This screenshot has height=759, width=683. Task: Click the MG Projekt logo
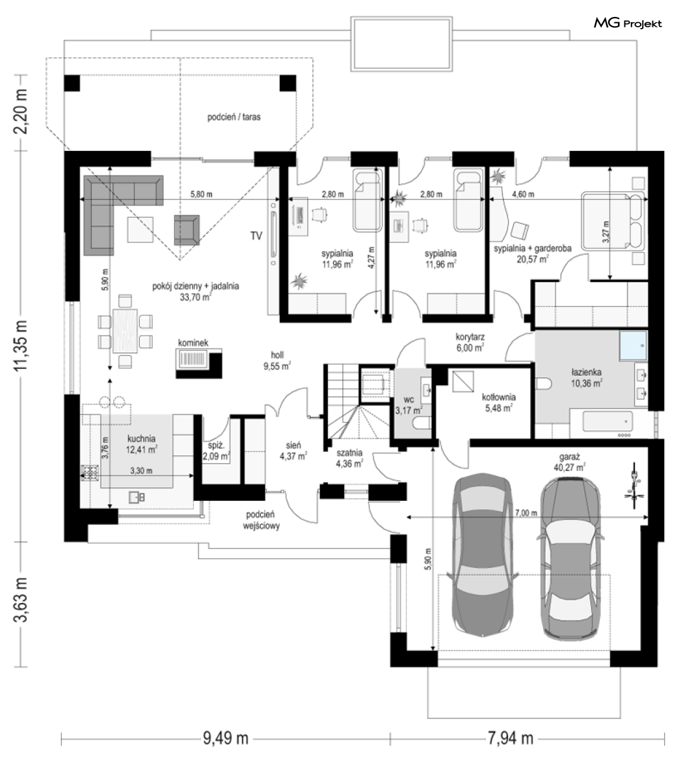click(x=627, y=23)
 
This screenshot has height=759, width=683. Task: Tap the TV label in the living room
click(x=256, y=235)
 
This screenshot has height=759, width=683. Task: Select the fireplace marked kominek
click(x=199, y=362)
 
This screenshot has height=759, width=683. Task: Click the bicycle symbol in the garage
click(x=634, y=486)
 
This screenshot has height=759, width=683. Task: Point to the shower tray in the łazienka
click(x=633, y=345)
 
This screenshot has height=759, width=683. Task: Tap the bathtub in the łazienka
click(x=607, y=421)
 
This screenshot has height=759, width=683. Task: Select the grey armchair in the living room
click(x=187, y=229)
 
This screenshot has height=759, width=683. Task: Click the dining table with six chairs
click(x=126, y=330)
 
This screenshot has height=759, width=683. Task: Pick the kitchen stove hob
click(x=90, y=472)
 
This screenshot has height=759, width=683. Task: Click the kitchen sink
click(x=137, y=497)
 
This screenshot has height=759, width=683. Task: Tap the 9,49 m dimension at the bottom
click(x=226, y=738)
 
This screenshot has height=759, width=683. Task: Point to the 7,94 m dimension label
click(x=510, y=738)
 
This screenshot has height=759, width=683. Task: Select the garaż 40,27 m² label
click(x=569, y=462)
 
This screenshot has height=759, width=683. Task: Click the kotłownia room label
click(x=498, y=402)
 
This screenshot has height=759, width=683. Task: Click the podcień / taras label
click(x=234, y=117)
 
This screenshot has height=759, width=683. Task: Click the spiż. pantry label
click(x=216, y=451)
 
